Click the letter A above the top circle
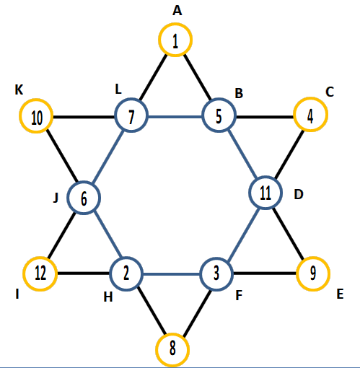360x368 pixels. [x=177, y=11]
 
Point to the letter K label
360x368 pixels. [x=19, y=89]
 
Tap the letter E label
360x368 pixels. [x=340, y=294]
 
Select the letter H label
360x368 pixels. [x=108, y=297]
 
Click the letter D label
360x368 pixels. [x=299, y=194]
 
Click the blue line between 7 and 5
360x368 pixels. [x=175, y=117]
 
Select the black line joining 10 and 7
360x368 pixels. [x=84, y=118]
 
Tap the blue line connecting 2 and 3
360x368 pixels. [x=172, y=274]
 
